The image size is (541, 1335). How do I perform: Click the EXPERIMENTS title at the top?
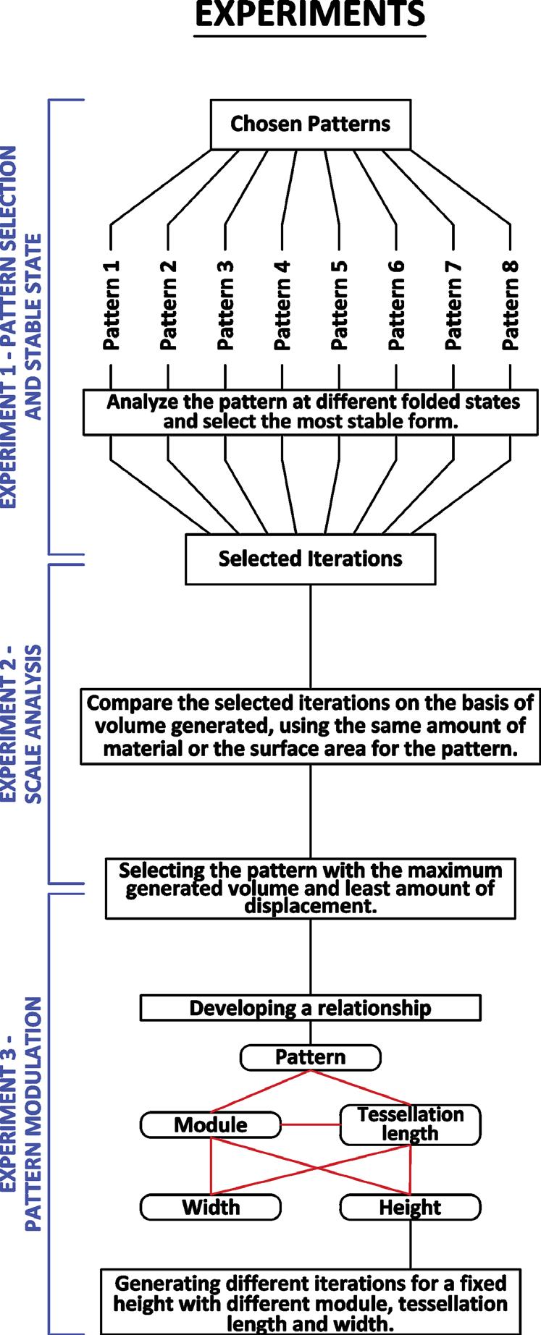point(310,14)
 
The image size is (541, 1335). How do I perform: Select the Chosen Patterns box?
point(310,124)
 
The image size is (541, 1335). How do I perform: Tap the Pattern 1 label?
point(111,305)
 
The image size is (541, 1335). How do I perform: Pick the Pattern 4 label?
point(282,305)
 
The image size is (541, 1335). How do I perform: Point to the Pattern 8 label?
point(511,305)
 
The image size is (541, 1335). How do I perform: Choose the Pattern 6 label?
point(396,305)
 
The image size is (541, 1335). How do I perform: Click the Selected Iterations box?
point(310,559)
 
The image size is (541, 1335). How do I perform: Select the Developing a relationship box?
point(310,1008)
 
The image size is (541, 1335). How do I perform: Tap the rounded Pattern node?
point(310,1057)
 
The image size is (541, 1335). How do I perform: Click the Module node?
point(210,1124)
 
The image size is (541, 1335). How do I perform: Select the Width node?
point(210,1207)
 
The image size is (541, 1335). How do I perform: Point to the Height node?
point(410,1207)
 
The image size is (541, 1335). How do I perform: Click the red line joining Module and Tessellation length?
point(310,1124)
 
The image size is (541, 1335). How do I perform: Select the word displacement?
point(311,906)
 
